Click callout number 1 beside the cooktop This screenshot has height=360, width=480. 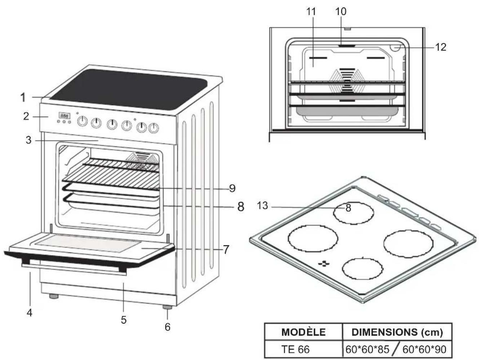pos(23,97)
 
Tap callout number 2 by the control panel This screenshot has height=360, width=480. pos(26,116)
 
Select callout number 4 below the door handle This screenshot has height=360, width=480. pos(30,313)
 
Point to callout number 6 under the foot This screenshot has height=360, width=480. pos(168,327)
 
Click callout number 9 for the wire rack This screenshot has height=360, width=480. pos(232,188)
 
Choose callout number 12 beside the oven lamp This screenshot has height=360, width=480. pos(441,47)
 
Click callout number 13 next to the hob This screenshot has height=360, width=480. pos(262,206)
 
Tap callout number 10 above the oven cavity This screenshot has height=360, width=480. pos(341,12)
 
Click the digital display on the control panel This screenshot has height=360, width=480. pos(64,115)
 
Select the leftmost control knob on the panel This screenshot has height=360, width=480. pos(82,122)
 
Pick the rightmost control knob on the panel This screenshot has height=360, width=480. pos(154,128)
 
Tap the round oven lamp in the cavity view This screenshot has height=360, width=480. pos(396,48)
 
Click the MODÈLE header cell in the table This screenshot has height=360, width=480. pos(303,332)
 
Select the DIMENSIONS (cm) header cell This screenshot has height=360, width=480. pos(397,332)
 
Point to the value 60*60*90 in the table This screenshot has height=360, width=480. pos(424,350)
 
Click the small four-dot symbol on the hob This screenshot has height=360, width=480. pos(324,264)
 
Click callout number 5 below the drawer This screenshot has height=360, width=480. pos(124,320)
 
